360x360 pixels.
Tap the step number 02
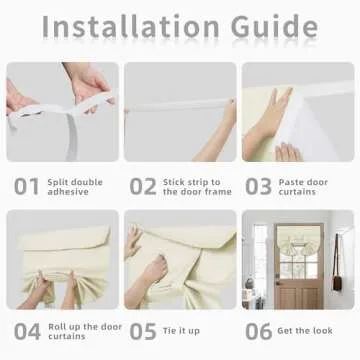pyautogui.click(x=143, y=186)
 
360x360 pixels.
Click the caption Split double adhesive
pyautogui.click(x=75, y=186)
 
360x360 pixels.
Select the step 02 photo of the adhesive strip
pyautogui.click(x=180, y=112)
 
